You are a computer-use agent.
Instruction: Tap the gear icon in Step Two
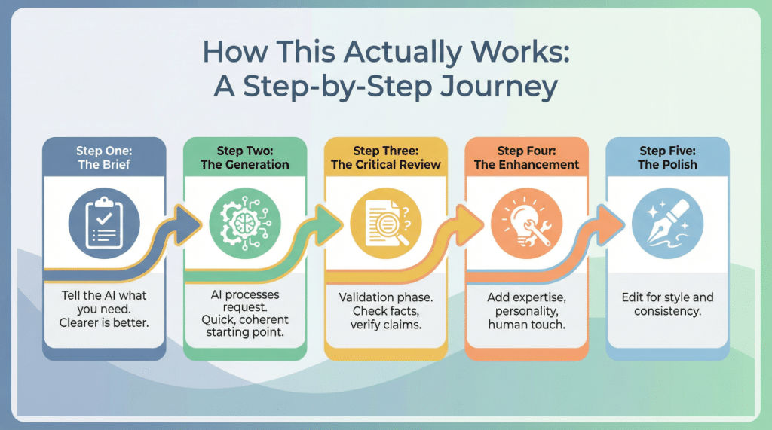pos(245,219)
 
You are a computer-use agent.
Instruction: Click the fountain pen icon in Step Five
pos(666,219)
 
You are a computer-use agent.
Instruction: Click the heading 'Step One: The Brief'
pos(104,157)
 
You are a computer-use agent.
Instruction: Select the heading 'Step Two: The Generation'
pos(245,157)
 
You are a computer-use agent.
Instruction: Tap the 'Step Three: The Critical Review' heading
pos(386,157)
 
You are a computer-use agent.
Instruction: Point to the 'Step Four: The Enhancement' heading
pos(526,157)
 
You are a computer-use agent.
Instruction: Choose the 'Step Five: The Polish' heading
pos(666,157)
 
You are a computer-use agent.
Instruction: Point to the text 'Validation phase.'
pos(386,297)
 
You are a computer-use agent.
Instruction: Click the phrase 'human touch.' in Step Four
pos(526,325)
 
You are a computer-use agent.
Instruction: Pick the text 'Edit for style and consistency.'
pos(666,304)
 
